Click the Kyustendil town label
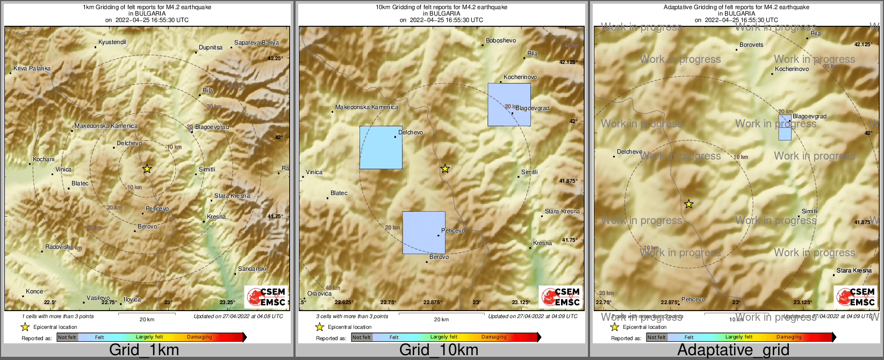[112, 42]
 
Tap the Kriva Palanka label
[32, 68]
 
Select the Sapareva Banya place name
[256, 42]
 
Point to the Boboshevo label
[500, 40]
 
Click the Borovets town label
[751, 45]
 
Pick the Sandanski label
[252, 269]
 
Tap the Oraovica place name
[319, 293]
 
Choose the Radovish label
[58, 247]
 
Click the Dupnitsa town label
[211, 47]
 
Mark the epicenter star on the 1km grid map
[147, 169]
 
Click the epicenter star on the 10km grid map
[445, 169]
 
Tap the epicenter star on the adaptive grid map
[689, 204]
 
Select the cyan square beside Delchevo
[380, 147]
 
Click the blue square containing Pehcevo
[423, 233]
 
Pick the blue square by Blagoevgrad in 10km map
[509, 105]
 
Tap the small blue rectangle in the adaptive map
[785, 127]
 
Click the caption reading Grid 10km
[439, 350]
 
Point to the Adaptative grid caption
[733, 350]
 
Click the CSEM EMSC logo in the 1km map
[266, 297]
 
